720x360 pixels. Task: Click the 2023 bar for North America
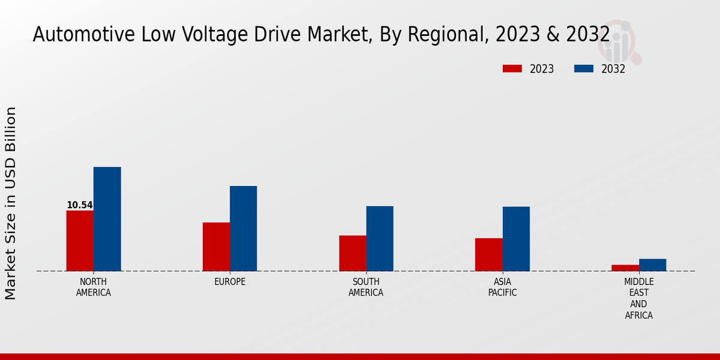(x=80, y=241)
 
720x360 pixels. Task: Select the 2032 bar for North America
(x=107, y=219)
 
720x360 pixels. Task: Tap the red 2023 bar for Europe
(x=216, y=247)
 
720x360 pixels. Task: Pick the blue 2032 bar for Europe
(x=244, y=229)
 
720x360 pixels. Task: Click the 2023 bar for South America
(x=353, y=253)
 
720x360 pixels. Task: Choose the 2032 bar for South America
(x=380, y=239)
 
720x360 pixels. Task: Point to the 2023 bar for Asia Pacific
(x=489, y=254)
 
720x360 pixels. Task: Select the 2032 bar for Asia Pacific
(x=516, y=239)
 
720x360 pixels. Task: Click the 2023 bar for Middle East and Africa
(x=625, y=268)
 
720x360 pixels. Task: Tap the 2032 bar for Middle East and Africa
(x=653, y=265)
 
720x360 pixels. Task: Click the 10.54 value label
(x=80, y=205)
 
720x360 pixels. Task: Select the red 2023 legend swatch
(x=512, y=69)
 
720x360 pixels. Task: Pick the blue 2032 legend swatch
(x=584, y=69)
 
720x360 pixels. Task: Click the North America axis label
(x=94, y=287)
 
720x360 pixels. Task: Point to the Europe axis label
(x=230, y=282)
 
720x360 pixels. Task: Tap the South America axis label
(x=366, y=287)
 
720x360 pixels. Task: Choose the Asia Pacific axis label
(x=503, y=287)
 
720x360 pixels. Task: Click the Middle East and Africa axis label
(x=639, y=299)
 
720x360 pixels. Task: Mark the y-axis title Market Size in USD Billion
(x=11, y=203)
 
